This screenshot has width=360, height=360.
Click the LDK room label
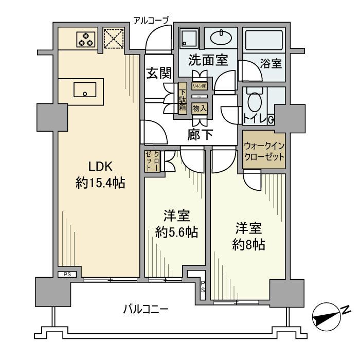point(100,167)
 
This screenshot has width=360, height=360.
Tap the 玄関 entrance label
point(158,73)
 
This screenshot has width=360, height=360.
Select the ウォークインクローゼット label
point(263,151)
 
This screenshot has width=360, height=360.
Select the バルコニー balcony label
point(146,309)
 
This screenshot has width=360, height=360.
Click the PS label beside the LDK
point(67,275)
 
